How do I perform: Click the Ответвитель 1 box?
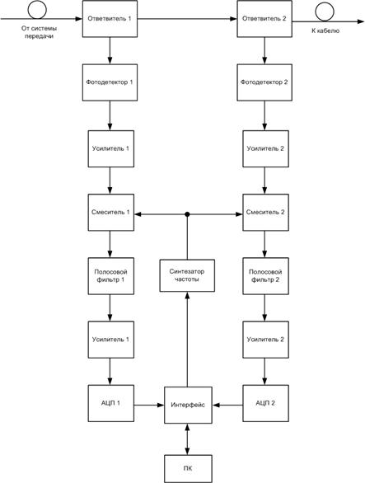(110, 18)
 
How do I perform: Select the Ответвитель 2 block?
(264, 18)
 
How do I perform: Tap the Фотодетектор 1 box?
(110, 82)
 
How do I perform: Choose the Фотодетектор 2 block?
(264, 82)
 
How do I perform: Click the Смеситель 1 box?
(110, 213)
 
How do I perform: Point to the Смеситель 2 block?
(264, 213)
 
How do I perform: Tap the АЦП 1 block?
(110, 404)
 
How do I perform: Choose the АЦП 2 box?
(264, 404)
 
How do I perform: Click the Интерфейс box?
(187, 404)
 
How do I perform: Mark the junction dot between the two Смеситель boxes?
(187, 214)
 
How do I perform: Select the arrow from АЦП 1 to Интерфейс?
(149, 404)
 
